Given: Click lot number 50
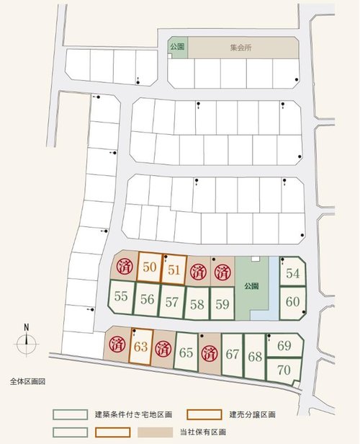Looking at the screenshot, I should pos(150,267).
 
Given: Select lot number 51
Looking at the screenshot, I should pos(174,270).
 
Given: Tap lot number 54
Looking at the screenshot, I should pos(292,273).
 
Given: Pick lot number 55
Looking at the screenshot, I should pos(121,296).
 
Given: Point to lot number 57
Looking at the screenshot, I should pos(172,301).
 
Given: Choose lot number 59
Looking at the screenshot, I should pos(222,303).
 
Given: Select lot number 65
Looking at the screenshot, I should pos(186,352).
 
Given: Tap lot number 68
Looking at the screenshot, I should pos(255,356).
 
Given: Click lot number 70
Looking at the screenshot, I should pos(284,370).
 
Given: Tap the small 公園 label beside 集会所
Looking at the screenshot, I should pos(177,46).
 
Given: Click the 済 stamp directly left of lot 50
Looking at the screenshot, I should pos(125,267).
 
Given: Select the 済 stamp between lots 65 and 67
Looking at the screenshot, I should pos(210,353).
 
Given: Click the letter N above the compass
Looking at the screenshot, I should pos(26,325).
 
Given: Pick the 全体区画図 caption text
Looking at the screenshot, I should pos(27,381).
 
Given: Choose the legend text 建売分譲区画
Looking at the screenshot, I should pos(253,415).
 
